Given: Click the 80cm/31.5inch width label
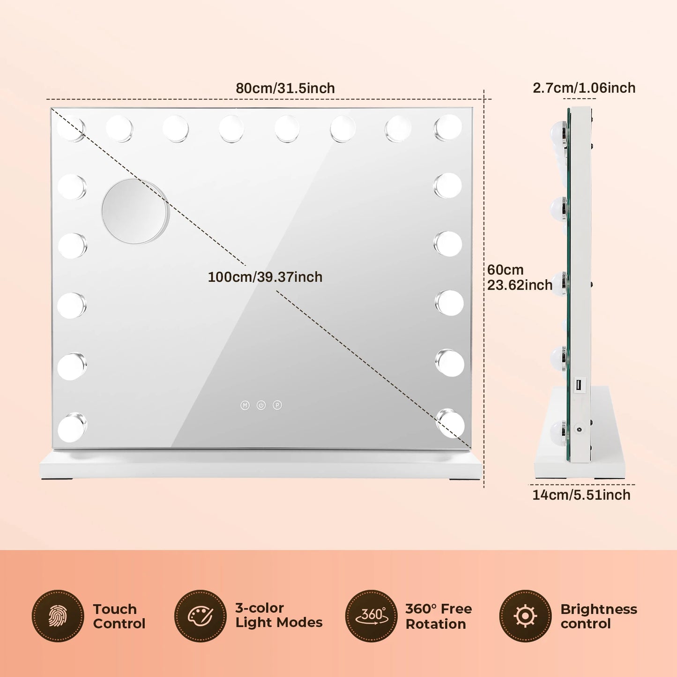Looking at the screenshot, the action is point(285,88).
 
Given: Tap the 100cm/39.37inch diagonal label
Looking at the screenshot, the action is point(265,277).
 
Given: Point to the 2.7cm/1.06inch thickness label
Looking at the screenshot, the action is point(584,88).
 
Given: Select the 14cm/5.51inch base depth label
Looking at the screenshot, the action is point(581,495).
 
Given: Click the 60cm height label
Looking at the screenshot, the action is point(505,269).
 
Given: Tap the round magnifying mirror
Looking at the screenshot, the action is point(135,211).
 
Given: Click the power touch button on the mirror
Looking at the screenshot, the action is point(261,405).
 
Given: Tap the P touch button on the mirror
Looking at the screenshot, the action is point(277,405).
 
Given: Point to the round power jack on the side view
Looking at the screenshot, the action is point(578,429).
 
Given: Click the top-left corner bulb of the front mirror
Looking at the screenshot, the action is point(72,128).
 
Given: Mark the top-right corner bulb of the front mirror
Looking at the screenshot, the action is point(448,126).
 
